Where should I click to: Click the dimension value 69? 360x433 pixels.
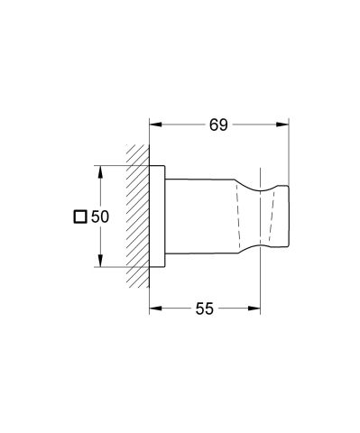(218, 124)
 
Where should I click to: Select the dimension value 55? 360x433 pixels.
(205, 309)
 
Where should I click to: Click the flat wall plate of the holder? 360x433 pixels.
(158, 216)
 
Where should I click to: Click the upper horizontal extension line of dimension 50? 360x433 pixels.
(117, 165)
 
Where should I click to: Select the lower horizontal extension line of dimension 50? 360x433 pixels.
(117, 268)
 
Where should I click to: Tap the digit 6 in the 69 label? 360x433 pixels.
(212, 124)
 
